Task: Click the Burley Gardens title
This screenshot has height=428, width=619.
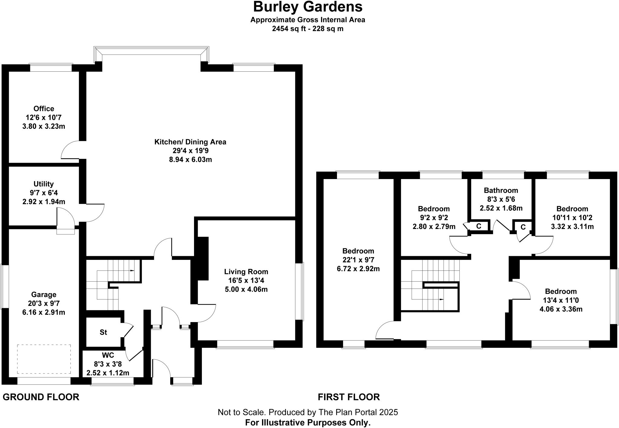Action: [x=308, y=7]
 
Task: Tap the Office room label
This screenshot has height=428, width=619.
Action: [x=44, y=109]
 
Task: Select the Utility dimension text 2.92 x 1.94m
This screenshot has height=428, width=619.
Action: [x=44, y=201]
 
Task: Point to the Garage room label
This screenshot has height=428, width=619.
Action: [x=44, y=294]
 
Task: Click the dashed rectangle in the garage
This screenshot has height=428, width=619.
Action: [x=44, y=359]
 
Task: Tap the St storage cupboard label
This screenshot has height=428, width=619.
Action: [x=103, y=332]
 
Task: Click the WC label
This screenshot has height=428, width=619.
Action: [x=108, y=355]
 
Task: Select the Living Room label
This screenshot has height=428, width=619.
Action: [x=246, y=272]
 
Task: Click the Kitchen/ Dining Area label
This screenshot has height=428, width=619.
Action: [x=190, y=142]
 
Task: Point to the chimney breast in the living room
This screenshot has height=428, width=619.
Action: [x=202, y=259]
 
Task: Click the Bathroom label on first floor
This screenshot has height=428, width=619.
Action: [x=501, y=190]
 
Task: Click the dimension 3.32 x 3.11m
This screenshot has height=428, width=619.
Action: [x=572, y=226]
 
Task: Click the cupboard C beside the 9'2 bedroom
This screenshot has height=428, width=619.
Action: [x=479, y=226]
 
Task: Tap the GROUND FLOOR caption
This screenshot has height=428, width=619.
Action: [x=41, y=397]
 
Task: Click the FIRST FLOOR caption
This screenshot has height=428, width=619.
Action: [x=348, y=397]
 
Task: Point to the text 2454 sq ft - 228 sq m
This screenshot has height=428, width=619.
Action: [x=308, y=29]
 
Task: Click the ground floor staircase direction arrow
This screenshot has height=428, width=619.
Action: [x=132, y=270]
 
